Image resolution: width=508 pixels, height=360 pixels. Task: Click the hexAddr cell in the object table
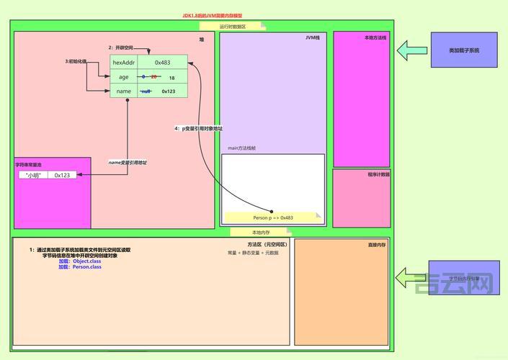[124, 63]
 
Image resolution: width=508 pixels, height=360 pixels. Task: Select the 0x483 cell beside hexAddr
[162, 63]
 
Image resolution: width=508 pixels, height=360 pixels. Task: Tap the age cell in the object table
[124, 77]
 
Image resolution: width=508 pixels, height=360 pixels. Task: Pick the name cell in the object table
[124, 91]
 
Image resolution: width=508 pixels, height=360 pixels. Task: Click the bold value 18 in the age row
[171, 78]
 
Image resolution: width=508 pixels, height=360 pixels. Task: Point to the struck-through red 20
[154, 77]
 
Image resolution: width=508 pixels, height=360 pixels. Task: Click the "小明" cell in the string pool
[33, 175]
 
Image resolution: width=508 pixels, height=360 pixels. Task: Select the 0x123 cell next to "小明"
[63, 175]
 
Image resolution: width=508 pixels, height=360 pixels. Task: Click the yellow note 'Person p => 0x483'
[272, 217]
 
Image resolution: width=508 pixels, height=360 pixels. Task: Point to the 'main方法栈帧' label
[241, 148]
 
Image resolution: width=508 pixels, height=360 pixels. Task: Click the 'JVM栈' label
[312, 37]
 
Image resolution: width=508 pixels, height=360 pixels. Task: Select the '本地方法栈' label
[375, 37]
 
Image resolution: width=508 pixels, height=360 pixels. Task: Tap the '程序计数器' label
[378, 174]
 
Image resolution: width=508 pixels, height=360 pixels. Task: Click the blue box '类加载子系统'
[464, 50]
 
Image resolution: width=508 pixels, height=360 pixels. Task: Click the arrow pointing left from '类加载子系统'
[412, 50]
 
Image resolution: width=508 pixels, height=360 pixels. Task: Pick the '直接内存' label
[376, 245]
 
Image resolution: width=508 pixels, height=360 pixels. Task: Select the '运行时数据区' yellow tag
[233, 27]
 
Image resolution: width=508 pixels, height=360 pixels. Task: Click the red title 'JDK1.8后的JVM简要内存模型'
[213, 15]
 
